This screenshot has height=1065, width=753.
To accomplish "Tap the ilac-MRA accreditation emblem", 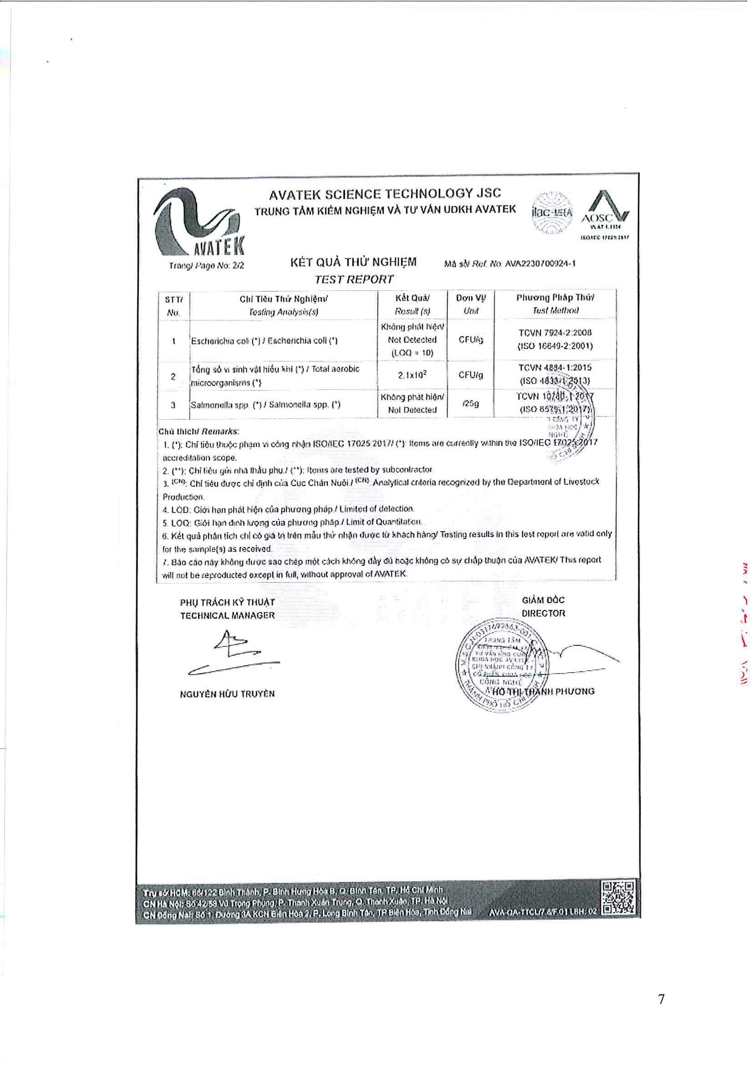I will [x=552, y=213].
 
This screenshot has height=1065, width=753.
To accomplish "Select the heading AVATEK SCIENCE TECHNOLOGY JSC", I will [x=385, y=194].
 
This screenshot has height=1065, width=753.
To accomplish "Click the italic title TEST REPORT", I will [x=354, y=279].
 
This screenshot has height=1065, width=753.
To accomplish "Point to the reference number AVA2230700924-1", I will [x=540, y=264].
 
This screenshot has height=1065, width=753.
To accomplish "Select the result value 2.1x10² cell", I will [x=412, y=375].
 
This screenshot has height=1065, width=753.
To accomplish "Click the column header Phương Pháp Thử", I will [x=555, y=298].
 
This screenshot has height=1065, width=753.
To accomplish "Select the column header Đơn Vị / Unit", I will [x=470, y=304].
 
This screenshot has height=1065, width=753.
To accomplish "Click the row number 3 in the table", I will [x=173, y=405].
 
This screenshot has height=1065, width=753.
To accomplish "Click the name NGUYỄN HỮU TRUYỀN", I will [x=227, y=694].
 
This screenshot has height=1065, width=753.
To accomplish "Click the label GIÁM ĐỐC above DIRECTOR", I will [x=543, y=600].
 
